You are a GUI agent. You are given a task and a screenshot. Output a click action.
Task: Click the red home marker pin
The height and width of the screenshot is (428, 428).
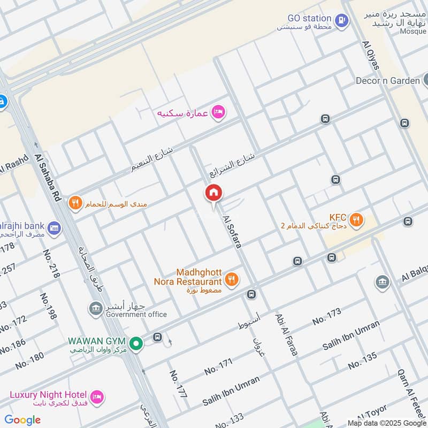213,193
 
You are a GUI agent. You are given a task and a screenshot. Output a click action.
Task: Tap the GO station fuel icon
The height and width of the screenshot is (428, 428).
341,21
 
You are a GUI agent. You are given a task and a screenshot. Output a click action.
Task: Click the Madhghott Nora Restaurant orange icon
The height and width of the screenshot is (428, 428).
231,279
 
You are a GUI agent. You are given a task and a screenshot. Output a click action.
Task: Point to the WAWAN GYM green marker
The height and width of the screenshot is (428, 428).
136,343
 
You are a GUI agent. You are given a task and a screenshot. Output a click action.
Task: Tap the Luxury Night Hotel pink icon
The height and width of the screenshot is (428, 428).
97,396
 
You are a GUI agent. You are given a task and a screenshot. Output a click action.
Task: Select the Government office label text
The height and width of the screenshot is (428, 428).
136,315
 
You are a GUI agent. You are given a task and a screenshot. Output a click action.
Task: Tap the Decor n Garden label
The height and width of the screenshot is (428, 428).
388,81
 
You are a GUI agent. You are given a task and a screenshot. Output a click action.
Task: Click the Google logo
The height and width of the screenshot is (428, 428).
22,420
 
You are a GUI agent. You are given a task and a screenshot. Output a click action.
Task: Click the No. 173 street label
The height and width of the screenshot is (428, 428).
326,317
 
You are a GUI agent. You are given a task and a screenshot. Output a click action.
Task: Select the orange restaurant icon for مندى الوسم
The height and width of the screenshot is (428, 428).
75,203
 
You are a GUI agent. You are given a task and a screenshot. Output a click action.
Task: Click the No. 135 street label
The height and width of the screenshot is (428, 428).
362,361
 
